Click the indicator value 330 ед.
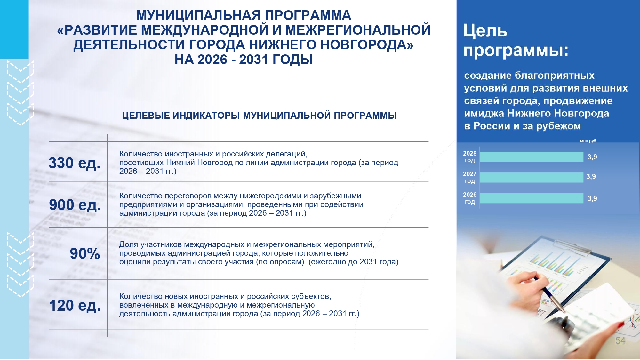point(75,163)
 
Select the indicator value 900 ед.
point(75,205)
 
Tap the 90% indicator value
point(85,254)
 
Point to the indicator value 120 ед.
point(75,305)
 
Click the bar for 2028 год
point(532,157)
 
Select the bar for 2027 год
point(532,178)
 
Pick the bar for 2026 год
point(532,198)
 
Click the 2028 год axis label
point(470,157)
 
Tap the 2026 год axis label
point(470,198)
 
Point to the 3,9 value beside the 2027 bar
point(591,177)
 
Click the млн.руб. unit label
point(588,141)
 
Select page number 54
point(620,341)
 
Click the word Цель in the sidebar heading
point(485,31)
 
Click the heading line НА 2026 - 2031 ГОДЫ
point(244,60)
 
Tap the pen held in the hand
point(549,294)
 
